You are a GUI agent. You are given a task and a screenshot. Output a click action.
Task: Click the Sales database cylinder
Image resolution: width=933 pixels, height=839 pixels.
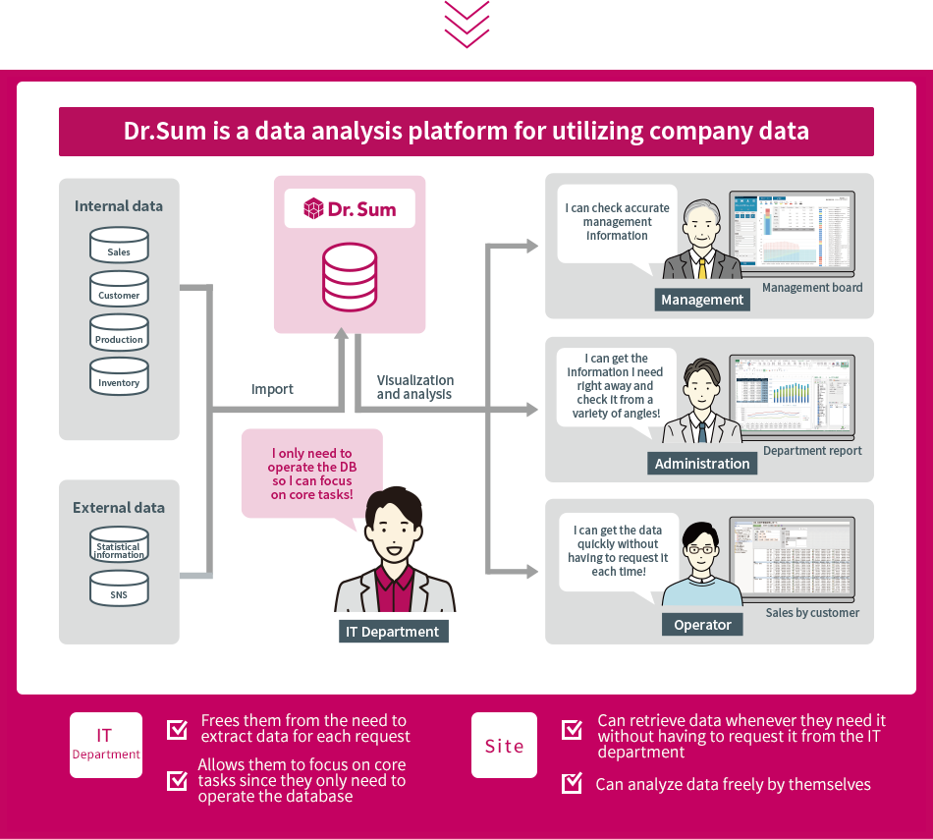pyautogui.click(x=119, y=245)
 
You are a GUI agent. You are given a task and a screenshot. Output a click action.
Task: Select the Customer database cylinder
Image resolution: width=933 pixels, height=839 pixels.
pyautogui.click(x=119, y=289)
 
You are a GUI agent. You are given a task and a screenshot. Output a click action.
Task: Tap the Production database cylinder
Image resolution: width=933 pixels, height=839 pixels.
pyautogui.click(x=119, y=332)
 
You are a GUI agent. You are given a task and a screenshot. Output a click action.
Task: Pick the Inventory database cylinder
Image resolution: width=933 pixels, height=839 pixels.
pyautogui.click(x=119, y=376)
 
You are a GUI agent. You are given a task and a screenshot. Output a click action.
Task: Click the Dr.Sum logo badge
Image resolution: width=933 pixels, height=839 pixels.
pyautogui.click(x=350, y=208)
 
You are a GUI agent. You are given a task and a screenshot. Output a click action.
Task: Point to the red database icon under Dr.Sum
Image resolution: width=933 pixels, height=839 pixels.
pyautogui.click(x=350, y=278)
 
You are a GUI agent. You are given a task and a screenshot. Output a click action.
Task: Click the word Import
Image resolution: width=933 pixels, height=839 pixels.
pyautogui.click(x=272, y=389)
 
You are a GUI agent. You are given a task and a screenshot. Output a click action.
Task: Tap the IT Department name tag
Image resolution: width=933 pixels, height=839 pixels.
pyautogui.click(x=393, y=632)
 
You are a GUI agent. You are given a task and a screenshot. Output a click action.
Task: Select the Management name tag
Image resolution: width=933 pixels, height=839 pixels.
pyautogui.click(x=702, y=300)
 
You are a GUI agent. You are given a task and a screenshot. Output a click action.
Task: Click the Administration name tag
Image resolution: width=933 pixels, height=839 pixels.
pyautogui.click(x=702, y=464)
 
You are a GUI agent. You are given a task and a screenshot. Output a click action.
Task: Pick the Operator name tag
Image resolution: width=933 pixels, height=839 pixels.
pyautogui.click(x=702, y=625)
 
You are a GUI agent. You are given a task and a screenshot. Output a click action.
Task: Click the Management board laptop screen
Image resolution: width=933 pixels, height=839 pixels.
pyautogui.click(x=791, y=232)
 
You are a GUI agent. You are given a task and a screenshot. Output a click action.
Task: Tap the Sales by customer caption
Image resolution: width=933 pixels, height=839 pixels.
pyautogui.click(x=812, y=613)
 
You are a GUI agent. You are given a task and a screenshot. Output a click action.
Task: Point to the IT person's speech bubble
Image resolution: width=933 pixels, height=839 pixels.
pyautogui.click(x=311, y=474)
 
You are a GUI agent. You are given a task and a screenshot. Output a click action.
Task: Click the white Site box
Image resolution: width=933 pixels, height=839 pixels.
pyautogui.click(x=504, y=746)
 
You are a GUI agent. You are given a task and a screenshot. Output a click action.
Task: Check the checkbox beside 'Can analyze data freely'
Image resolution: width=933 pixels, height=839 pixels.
pyautogui.click(x=572, y=783)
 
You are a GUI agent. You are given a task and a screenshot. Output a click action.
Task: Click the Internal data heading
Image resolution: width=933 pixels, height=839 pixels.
pyautogui.click(x=119, y=206)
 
